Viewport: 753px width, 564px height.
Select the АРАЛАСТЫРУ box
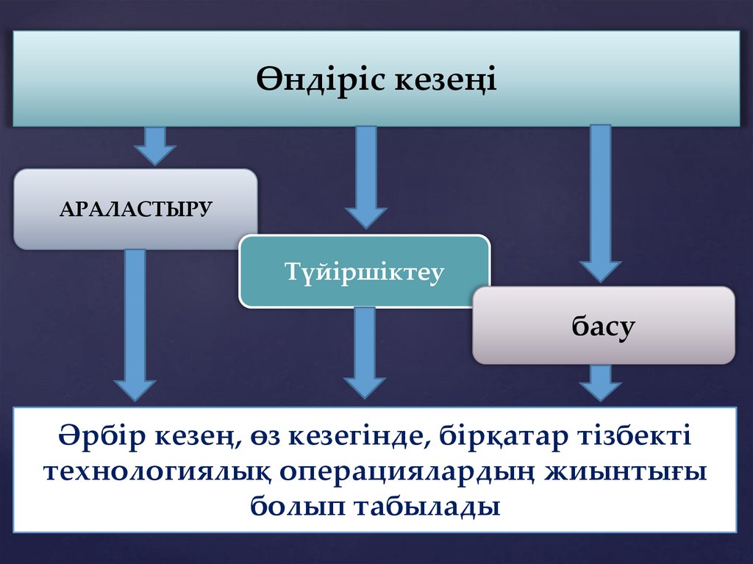tap(135, 209)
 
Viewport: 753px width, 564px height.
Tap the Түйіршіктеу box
tap(365, 271)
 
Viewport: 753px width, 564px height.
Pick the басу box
tap(603, 325)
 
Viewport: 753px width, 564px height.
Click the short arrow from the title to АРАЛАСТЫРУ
tap(154, 145)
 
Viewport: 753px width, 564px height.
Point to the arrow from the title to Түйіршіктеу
tap(365, 176)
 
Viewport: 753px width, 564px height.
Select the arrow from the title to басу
tap(600, 202)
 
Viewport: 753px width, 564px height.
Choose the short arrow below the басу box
tap(600, 382)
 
